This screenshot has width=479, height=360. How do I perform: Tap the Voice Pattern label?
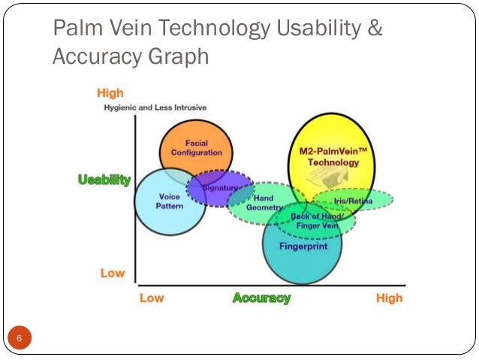pyautogui.click(x=169, y=201)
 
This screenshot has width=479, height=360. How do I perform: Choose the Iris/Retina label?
pyautogui.click(x=351, y=202)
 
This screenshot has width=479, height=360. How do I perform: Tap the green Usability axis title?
pyautogui.click(x=104, y=180)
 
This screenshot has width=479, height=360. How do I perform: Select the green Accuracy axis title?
pyautogui.click(x=261, y=298)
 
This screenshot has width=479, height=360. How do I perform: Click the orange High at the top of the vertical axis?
pyautogui.click(x=110, y=93)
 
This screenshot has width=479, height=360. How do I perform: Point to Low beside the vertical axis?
pyautogui.click(x=113, y=273)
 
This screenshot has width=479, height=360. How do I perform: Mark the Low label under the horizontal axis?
pyautogui.click(x=152, y=298)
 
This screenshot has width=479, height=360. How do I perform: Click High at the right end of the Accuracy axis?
pyautogui.click(x=389, y=298)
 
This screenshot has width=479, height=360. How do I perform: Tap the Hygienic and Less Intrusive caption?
pyautogui.click(x=155, y=108)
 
